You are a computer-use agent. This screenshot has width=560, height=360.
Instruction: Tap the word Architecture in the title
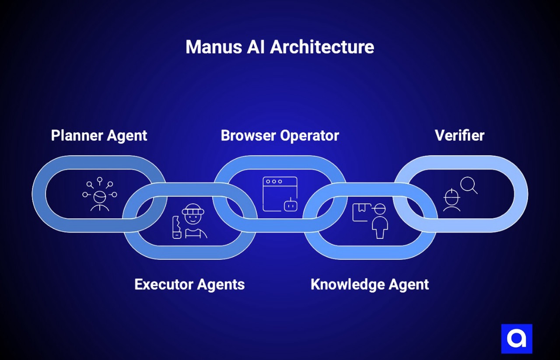click(322, 47)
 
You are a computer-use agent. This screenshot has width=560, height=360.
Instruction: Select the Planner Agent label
click(99, 136)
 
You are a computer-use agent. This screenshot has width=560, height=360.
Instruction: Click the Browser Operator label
click(280, 136)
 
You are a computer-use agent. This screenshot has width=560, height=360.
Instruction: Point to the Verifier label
click(459, 136)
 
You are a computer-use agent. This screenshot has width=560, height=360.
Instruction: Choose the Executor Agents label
click(189, 284)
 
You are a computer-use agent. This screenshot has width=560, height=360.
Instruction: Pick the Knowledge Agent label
click(370, 284)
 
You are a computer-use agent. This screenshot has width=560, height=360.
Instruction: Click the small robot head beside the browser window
click(290, 205)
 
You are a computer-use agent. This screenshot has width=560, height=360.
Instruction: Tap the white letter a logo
click(516, 339)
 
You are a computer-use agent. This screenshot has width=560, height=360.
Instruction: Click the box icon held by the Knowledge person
click(361, 211)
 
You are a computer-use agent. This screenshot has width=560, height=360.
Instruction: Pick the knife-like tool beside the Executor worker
click(177, 227)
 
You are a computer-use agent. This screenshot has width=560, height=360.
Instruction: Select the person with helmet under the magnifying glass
click(451, 200)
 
